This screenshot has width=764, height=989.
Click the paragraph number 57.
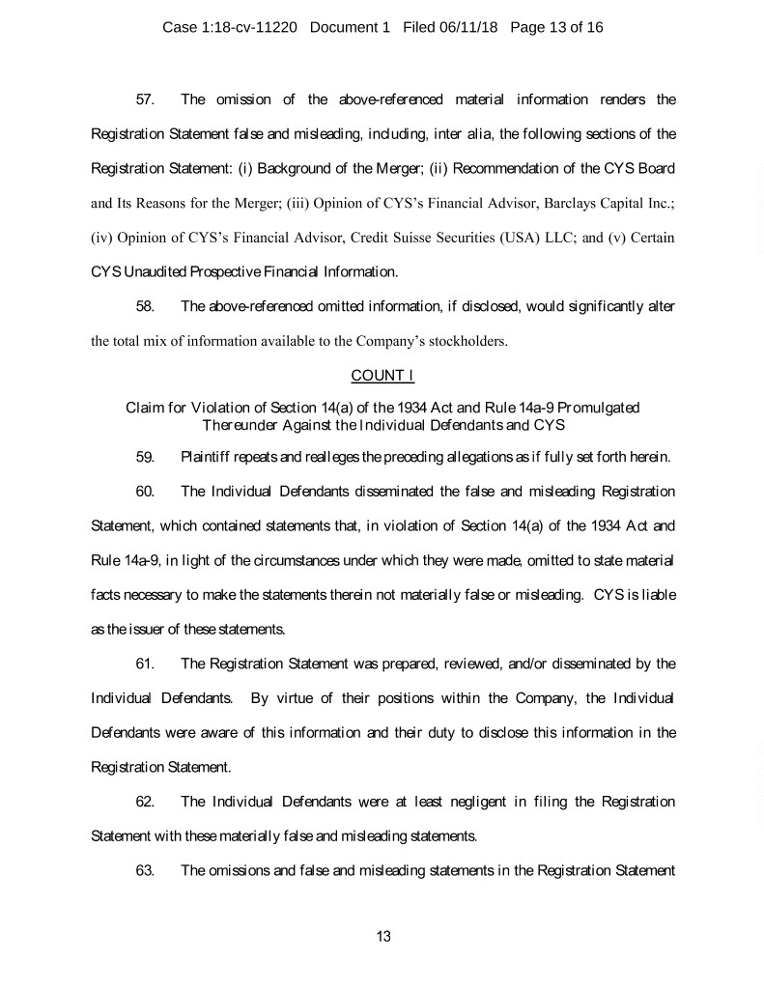coord(147,99)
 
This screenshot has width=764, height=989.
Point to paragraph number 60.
coord(147,492)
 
